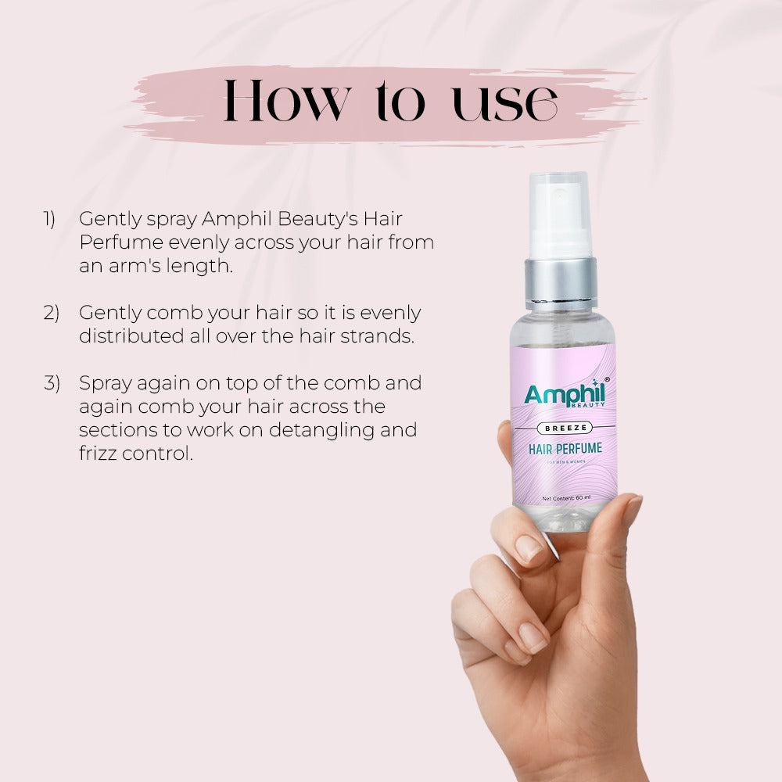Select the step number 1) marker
(49, 220)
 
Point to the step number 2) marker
(51, 313)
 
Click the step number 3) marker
(51, 383)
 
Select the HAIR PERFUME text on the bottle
(565, 450)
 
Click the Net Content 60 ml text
(565, 498)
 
